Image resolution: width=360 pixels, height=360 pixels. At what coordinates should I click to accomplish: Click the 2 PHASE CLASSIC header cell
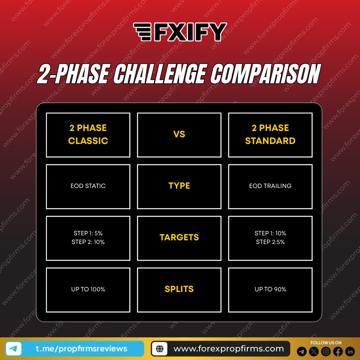click(x=88, y=135)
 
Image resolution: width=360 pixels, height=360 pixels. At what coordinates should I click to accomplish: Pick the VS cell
click(x=179, y=135)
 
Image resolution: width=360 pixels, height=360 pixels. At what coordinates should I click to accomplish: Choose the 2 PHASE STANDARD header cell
click(x=270, y=135)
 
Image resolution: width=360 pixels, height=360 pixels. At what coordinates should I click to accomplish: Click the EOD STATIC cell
click(x=88, y=186)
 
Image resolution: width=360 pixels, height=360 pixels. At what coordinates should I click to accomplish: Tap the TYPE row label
click(x=179, y=186)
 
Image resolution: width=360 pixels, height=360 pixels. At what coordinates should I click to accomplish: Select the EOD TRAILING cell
click(x=270, y=186)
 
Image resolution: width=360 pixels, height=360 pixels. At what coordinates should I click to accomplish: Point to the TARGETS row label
click(x=179, y=238)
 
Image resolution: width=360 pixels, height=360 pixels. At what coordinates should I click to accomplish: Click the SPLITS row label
click(x=179, y=289)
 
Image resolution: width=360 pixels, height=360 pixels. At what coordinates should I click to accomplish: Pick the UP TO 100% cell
click(x=88, y=289)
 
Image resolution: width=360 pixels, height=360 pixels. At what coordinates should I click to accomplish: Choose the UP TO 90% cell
click(x=270, y=289)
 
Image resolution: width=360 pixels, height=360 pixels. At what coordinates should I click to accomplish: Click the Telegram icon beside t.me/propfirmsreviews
click(x=14, y=349)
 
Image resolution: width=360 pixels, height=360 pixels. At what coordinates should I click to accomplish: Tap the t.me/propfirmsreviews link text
click(x=81, y=349)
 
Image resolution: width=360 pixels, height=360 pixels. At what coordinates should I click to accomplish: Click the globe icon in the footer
click(x=160, y=349)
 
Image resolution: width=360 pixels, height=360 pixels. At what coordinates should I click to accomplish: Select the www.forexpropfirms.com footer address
click(x=228, y=349)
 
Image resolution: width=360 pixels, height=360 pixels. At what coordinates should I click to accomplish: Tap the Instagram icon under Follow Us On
click(x=326, y=351)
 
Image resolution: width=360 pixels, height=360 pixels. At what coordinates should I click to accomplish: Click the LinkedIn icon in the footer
click(x=350, y=351)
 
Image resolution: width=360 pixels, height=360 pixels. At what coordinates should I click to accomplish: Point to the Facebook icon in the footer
click(x=338, y=351)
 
